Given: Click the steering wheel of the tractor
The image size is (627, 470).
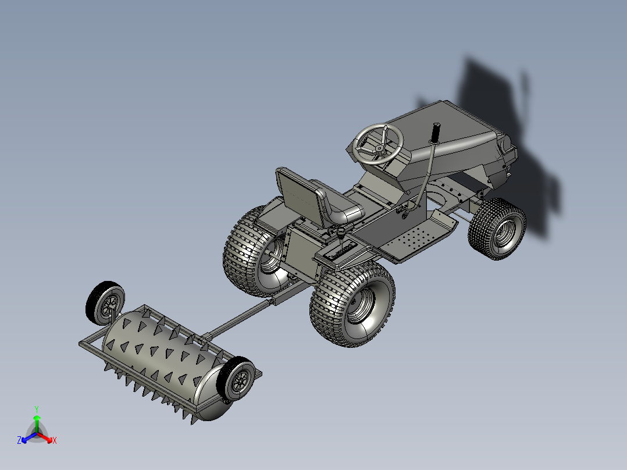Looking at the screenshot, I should pos(379,143).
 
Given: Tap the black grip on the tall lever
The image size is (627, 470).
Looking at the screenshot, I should pos(434,133).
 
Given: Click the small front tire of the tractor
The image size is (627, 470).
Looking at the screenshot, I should pos(498,228).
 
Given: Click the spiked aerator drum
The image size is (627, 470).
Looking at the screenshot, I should pos(163,355).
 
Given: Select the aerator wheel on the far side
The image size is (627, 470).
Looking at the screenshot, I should pos(105,303).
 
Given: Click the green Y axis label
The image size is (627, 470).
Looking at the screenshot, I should pos(36,409).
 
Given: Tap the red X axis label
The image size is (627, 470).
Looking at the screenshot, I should pos(54,440).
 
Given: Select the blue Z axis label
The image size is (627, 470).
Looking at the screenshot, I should pos(19,440).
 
